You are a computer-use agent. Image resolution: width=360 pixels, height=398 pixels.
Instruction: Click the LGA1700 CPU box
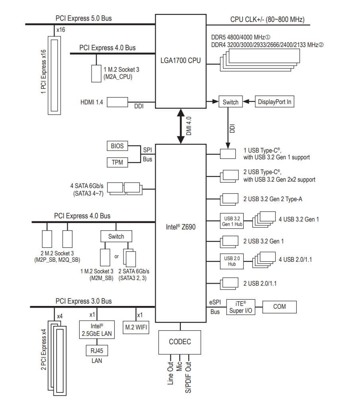point(180,61)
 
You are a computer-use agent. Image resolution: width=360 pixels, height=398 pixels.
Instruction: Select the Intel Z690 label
point(180,227)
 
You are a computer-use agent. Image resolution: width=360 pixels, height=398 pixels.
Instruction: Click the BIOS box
point(117,146)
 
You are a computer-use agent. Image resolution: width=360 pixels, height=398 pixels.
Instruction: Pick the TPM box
point(117,162)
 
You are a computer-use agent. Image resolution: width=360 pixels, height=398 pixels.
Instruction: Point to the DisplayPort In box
point(274,102)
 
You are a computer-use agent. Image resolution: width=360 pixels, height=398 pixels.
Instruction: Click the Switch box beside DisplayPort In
point(230,102)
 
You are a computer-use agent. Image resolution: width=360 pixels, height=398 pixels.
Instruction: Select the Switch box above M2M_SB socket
point(116,236)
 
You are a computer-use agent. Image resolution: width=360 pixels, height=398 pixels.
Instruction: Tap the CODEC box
point(180,341)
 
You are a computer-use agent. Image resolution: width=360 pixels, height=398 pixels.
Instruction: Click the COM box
point(279,307)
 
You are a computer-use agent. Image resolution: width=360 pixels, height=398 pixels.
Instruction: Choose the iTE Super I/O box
point(241,307)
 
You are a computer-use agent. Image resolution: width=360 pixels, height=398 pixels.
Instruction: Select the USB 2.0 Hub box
point(231,261)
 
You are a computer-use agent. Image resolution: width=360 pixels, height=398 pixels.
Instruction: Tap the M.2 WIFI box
point(136,327)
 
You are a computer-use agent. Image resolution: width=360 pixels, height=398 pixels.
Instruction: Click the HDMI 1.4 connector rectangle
point(117,102)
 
